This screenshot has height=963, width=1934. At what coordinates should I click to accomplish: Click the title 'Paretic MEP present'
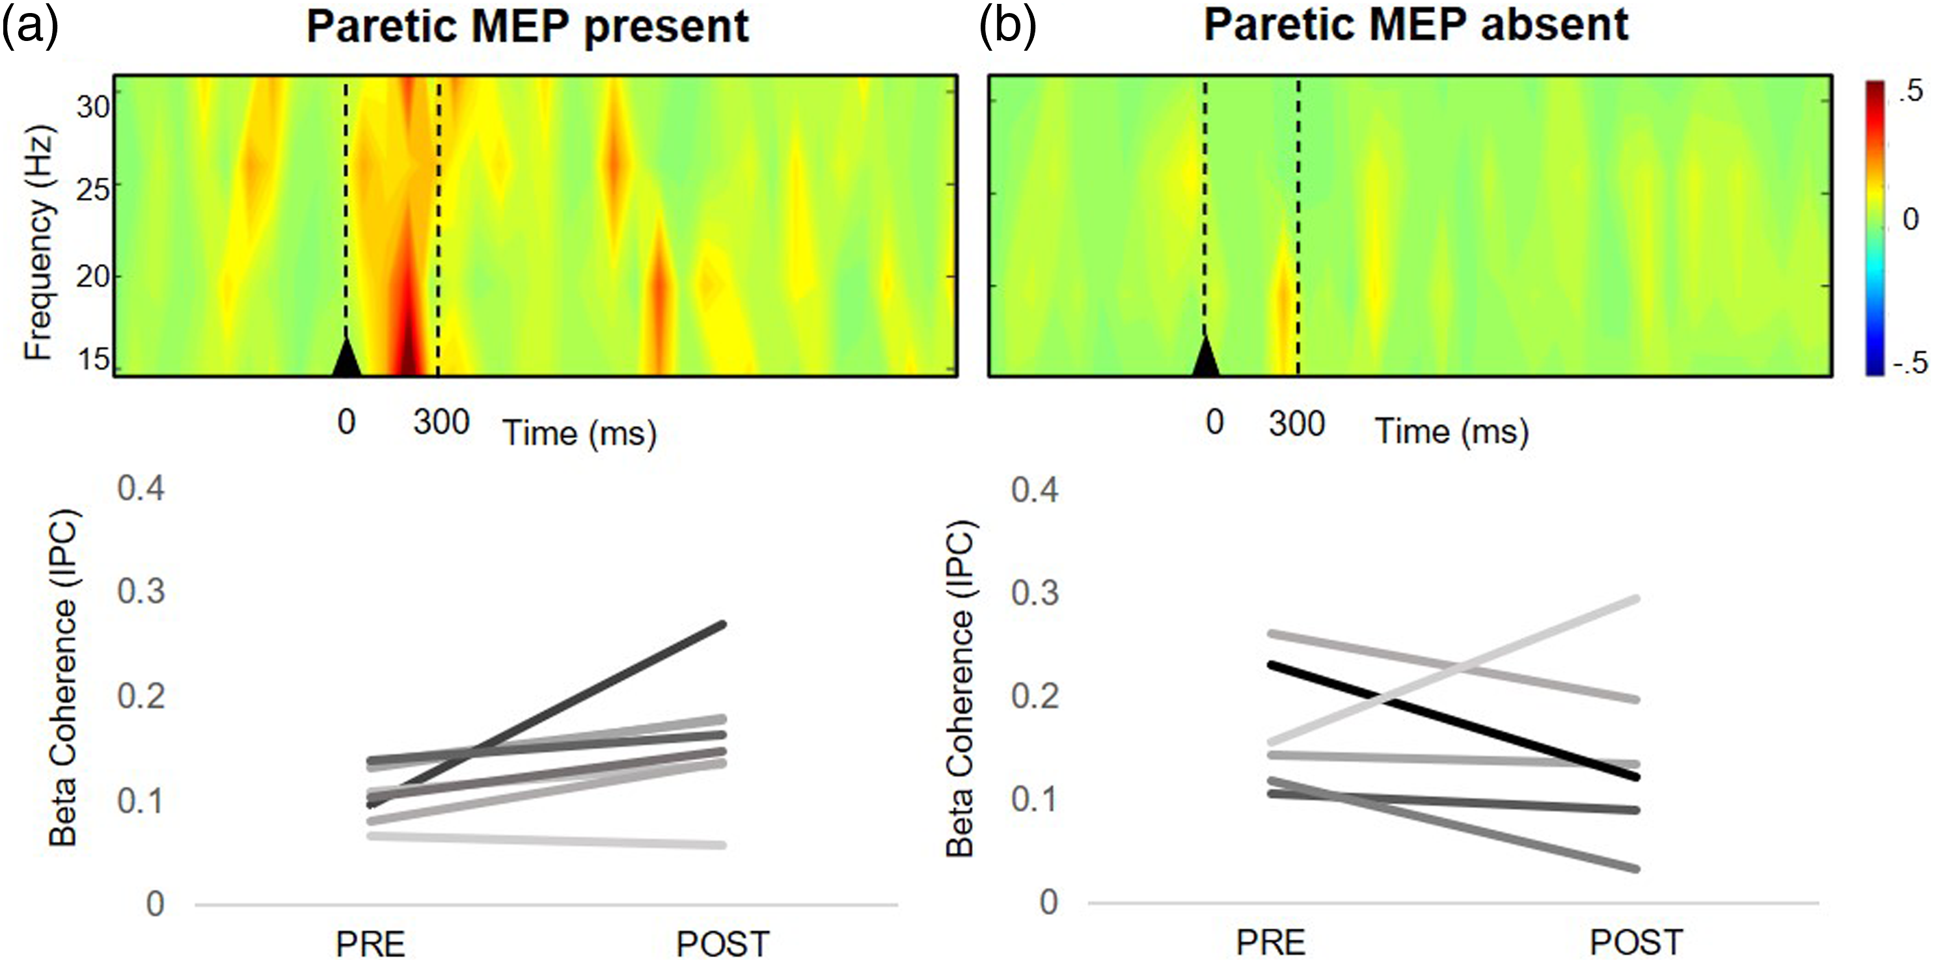(528, 27)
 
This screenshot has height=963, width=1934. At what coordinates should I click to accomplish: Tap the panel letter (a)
(30, 27)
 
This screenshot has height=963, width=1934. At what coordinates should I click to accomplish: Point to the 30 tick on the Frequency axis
(93, 107)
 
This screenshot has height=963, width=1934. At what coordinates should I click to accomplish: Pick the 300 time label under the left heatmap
(441, 422)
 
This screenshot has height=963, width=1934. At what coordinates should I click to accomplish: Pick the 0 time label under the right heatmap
(1215, 422)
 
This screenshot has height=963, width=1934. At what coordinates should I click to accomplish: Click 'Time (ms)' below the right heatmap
(1451, 431)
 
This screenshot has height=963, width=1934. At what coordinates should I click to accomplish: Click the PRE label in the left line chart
(370, 944)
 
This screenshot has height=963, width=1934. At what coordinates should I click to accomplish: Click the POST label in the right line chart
(1637, 943)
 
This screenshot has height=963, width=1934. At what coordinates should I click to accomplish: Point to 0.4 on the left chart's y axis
(141, 489)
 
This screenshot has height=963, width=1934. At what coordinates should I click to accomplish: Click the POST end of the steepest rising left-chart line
(723, 624)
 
